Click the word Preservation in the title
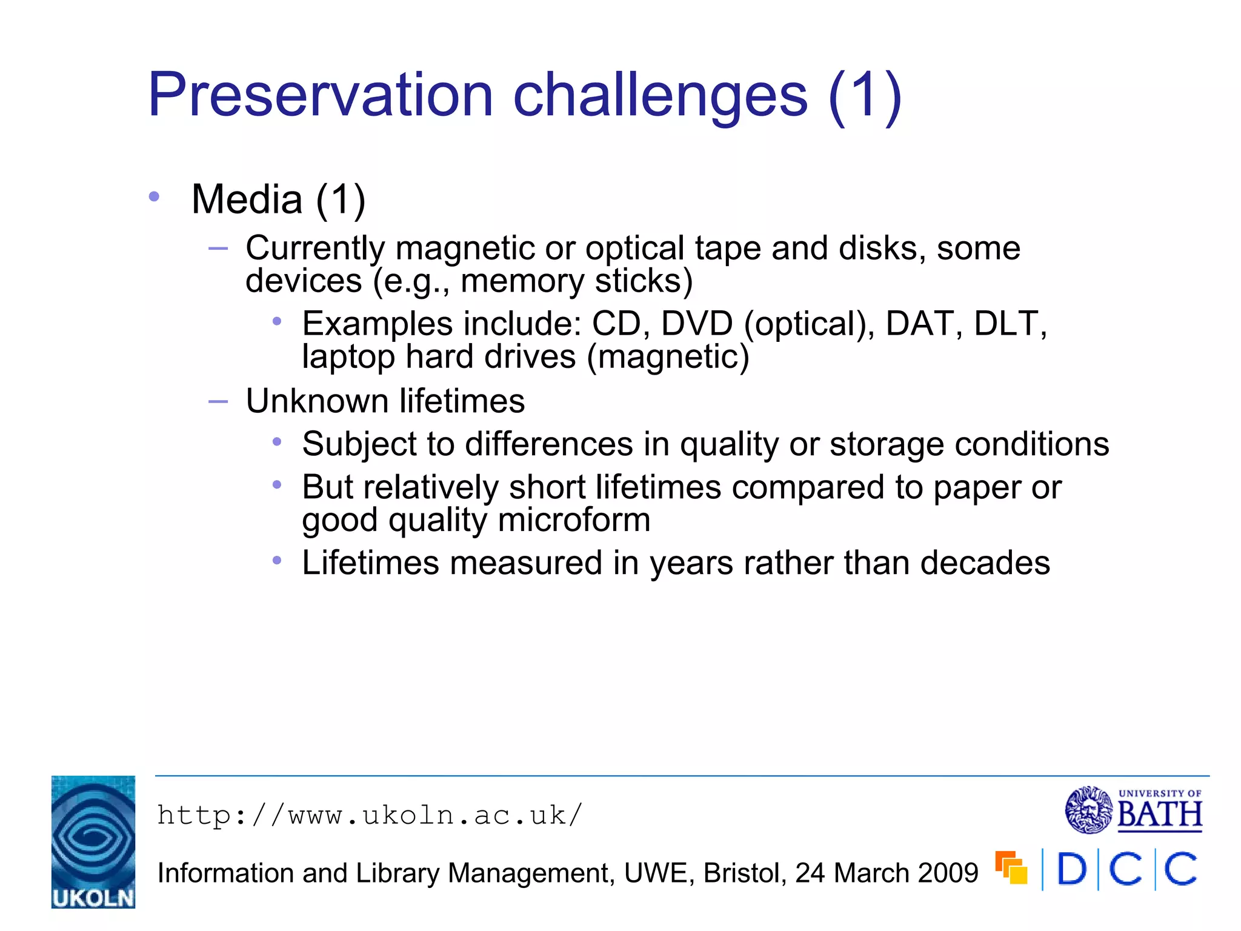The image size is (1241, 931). [321, 95]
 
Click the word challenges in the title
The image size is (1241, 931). [660, 95]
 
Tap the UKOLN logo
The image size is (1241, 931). [93, 841]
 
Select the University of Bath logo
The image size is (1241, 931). [1134, 810]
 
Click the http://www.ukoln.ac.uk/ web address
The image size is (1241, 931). [370, 815]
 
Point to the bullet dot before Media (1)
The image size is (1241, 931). [154, 196]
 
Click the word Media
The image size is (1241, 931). [247, 199]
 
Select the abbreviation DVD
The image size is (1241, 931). [696, 324]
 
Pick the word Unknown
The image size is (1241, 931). [317, 401]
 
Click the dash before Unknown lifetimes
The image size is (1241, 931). [218, 401]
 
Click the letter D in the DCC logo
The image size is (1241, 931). [1072, 869]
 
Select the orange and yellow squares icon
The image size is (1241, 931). [1011, 867]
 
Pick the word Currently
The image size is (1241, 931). [315, 249]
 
